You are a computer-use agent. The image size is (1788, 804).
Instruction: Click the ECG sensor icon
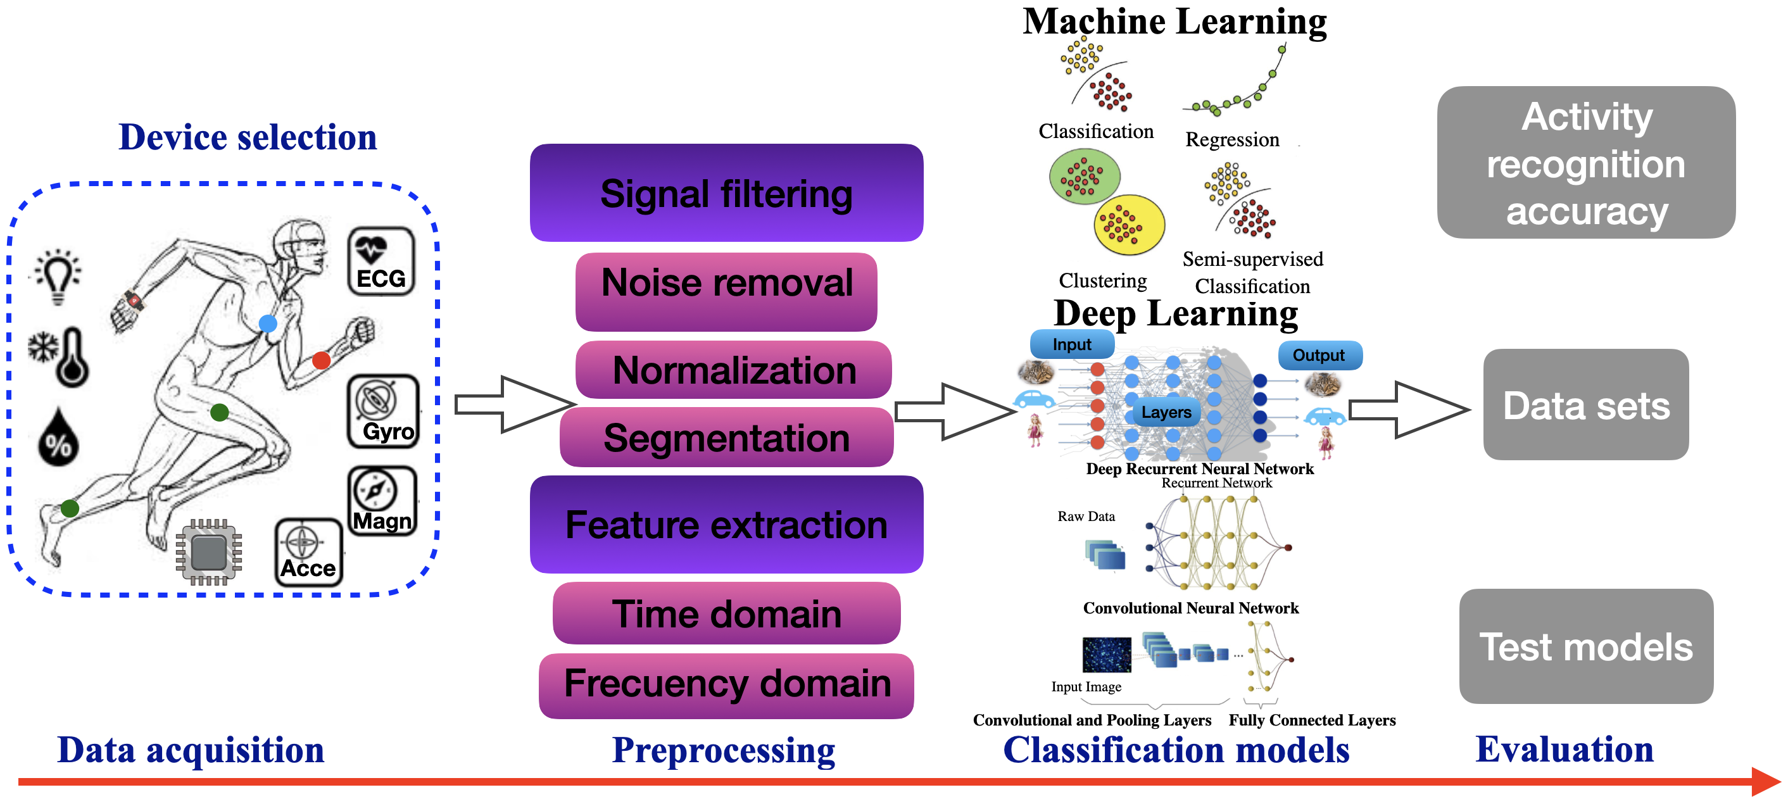(x=381, y=261)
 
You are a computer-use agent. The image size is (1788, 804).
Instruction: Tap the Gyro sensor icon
(x=383, y=411)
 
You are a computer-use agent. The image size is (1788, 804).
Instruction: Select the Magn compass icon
(x=382, y=501)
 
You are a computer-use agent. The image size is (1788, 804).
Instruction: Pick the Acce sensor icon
(x=309, y=553)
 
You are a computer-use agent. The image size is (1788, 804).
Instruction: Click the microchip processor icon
(x=209, y=552)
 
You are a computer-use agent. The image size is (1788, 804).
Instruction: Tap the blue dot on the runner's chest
(x=268, y=323)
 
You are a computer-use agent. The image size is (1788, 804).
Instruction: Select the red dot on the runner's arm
(x=322, y=360)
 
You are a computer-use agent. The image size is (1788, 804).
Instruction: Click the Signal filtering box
(x=726, y=193)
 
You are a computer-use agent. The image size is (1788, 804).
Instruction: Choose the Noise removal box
(x=726, y=291)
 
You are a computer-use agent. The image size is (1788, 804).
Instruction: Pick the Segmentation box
(x=726, y=437)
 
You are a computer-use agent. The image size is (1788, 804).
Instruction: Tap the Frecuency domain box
(x=726, y=685)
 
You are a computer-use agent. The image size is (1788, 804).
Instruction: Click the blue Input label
(x=1072, y=344)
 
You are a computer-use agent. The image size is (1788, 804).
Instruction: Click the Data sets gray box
(x=1586, y=404)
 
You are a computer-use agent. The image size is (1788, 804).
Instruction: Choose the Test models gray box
(x=1586, y=646)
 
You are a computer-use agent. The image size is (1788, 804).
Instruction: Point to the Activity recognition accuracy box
(x=1586, y=163)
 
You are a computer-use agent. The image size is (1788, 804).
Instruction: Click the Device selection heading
(x=248, y=137)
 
